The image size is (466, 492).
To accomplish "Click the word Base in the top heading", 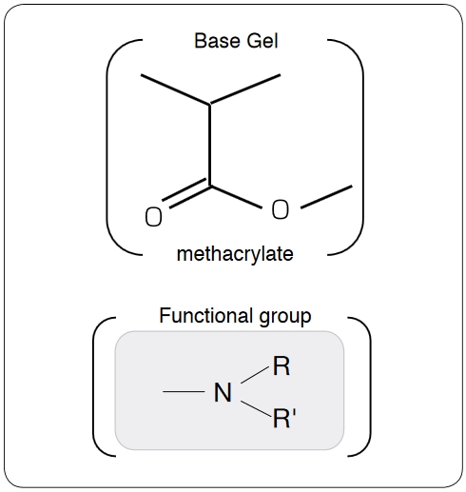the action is point(218,41).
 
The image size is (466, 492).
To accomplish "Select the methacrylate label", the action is point(235,254).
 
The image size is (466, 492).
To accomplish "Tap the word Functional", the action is point(206,316).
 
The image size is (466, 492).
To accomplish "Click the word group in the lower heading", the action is point(285,317).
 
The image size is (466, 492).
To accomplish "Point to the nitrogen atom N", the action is point(223,392).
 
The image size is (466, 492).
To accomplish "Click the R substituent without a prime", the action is point(282,366).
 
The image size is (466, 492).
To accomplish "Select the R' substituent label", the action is point(284,418).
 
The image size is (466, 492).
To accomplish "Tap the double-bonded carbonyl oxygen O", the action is point(153,217).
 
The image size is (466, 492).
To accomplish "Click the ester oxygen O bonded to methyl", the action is point(281,209).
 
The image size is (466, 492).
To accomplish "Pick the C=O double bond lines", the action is point(186,193).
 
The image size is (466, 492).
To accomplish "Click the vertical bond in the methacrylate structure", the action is point(209,145).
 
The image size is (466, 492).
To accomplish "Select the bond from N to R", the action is point(255,375).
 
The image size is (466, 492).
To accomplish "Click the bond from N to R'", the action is point(256,408).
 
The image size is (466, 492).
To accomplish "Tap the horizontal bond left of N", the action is point(184,392).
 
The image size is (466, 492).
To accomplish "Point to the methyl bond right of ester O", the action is point(326,197).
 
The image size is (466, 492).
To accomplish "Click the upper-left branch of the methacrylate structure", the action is point(175,89).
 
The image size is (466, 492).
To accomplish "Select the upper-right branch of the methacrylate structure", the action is point(245,89).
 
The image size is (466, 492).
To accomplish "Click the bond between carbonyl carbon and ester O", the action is point(236,197).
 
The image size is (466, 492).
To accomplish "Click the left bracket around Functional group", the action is point(94,386).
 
